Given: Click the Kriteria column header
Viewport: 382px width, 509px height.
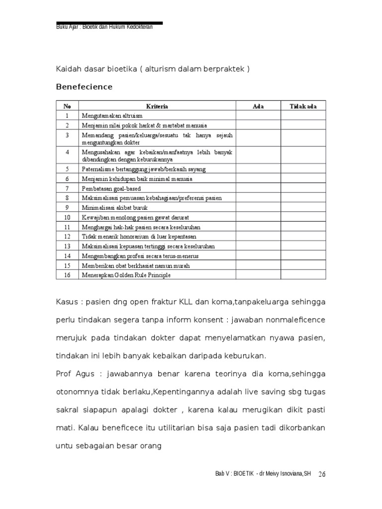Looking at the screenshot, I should coord(157,106).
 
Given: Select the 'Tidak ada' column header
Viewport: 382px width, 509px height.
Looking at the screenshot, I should coord(303,106).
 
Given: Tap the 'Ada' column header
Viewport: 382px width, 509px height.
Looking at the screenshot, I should coord(258,106).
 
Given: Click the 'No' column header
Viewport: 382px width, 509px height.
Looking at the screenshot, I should coord(67,106).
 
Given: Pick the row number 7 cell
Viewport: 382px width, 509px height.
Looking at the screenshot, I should coord(67,188).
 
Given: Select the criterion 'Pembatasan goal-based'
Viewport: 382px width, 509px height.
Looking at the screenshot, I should coord(111,188).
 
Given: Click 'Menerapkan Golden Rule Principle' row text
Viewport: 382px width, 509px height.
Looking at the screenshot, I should coord(126,275).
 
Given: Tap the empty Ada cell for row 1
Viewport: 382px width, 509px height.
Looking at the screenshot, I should coord(258,115).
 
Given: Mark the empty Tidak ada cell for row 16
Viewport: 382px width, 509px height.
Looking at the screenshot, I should coord(303,275).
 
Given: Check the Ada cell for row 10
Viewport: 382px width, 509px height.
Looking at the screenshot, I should coord(258,217).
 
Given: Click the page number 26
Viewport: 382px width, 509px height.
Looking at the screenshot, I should coord(321,474).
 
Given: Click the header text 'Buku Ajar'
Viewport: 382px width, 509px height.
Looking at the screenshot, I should coord(67,27).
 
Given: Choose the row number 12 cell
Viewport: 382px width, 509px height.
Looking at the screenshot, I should coord(67,237).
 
